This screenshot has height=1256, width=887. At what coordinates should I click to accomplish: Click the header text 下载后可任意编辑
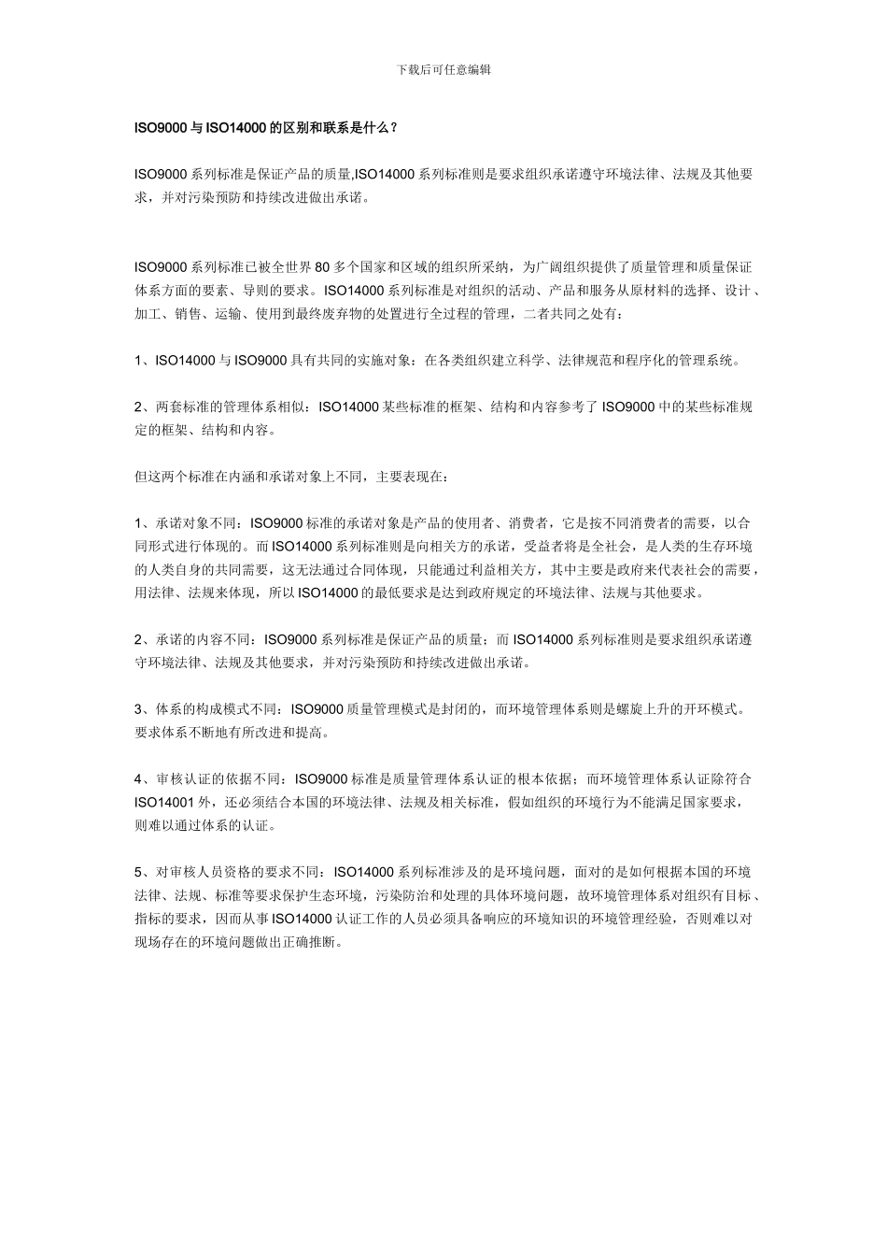click(x=443, y=70)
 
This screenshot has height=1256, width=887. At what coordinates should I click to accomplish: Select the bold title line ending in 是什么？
click(x=266, y=127)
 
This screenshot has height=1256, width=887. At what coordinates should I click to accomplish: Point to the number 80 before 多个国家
click(x=324, y=266)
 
